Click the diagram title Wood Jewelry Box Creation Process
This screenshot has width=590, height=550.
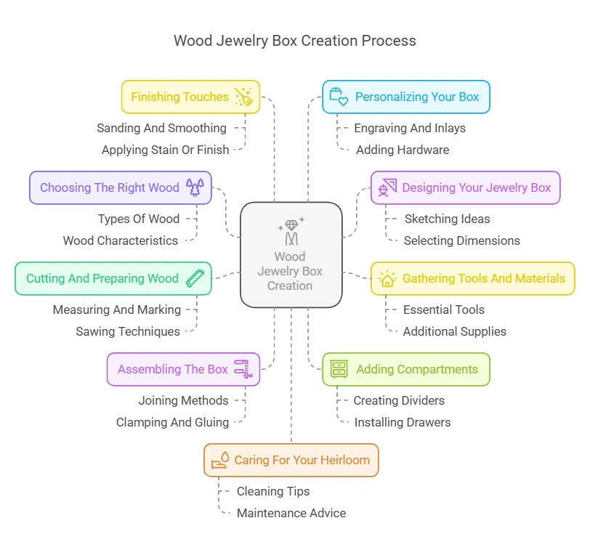(294, 41)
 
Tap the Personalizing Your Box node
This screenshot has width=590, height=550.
(406, 97)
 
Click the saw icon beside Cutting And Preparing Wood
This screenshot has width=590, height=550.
(195, 278)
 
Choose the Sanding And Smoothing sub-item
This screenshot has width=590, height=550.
(161, 128)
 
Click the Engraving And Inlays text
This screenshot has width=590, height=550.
(409, 128)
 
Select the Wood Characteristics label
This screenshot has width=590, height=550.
(120, 240)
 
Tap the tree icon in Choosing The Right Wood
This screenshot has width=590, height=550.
(195, 187)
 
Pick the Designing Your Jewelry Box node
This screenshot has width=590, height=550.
(465, 187)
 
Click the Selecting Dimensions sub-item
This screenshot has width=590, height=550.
(461, 240)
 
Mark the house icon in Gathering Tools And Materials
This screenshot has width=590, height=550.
(387, 279)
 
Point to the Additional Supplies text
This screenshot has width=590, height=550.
(454, 331)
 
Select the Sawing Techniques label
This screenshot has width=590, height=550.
(128, 331)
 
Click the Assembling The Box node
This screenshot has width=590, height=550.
(183, 369)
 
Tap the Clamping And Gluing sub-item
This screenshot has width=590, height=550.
(172, 422)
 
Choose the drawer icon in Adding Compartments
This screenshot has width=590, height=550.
(339, 369)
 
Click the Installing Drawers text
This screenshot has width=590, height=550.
(402, 422)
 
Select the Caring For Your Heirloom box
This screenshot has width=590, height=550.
(291, 460)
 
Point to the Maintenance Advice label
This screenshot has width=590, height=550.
(291, 513)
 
